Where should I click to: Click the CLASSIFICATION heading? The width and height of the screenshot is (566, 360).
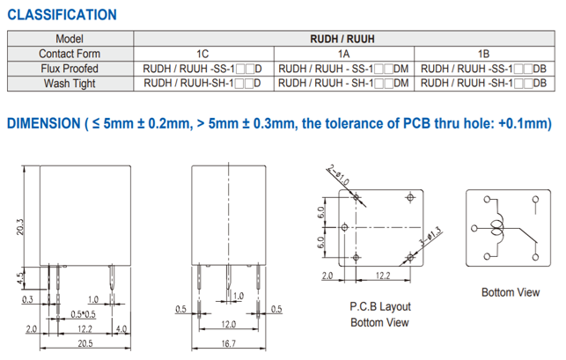click(62, 15)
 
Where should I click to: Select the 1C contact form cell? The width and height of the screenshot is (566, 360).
click(202, 54)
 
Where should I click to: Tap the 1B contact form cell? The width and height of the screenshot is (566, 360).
click(484, 54)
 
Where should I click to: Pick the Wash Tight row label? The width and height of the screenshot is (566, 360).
click(70, 84)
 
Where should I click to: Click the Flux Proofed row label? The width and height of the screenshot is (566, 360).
click(70, 69)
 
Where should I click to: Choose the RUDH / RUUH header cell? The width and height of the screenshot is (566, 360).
click(342, 39)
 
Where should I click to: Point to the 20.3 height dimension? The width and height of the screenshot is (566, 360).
click(19, 227)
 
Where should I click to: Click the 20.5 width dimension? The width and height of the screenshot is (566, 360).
click(85, 343)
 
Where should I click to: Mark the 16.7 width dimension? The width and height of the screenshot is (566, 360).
click(229, 343)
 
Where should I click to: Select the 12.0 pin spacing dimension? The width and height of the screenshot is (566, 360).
click(229, 324)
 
